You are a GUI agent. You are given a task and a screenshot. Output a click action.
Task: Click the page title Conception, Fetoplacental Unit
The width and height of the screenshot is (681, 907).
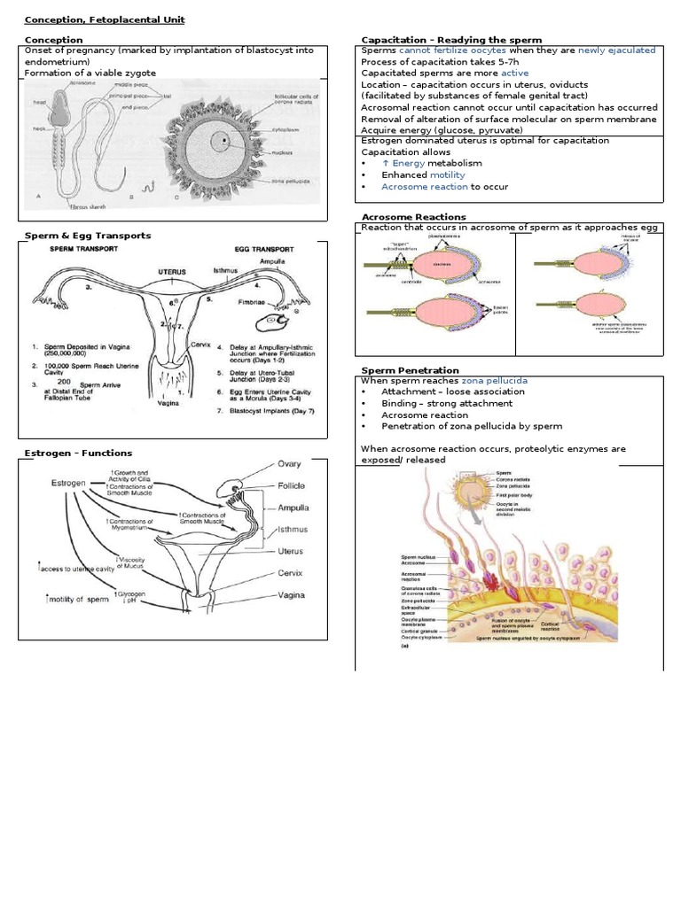[x=104, y=19]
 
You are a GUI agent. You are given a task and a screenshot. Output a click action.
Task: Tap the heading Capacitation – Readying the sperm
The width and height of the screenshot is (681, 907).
[x=451, y=40]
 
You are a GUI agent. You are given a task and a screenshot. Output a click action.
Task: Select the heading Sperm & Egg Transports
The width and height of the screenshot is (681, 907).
[x=87, y=236]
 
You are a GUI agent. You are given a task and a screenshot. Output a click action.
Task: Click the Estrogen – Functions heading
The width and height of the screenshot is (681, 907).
[x=78, y=453]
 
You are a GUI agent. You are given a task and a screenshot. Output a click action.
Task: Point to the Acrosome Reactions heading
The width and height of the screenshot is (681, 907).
[x=413, y=217]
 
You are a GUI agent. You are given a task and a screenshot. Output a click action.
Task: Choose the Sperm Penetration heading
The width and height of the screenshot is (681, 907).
[x=410, y=369]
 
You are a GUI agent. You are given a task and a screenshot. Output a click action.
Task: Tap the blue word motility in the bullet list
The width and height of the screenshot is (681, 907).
[x=447, y=175]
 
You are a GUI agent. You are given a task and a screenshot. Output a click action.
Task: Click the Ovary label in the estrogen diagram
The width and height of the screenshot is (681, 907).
[x=289, y=463]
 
